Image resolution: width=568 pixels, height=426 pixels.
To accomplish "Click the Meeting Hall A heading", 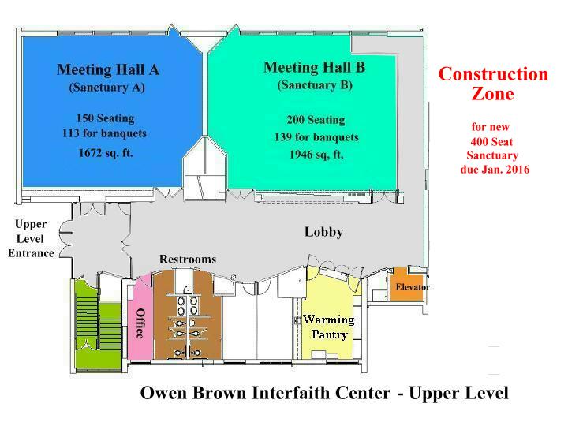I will point(107,69).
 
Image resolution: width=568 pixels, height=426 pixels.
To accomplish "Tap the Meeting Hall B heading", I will point(314,67).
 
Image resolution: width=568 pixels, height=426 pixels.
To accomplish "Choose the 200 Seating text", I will point(315,120).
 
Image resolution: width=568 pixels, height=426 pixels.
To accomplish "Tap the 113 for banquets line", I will point(106,133).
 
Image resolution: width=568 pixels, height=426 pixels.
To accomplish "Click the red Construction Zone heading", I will point(493,84).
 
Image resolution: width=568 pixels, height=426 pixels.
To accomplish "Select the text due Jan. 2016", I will point(495,170).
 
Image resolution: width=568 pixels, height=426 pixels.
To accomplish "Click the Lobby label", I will point(323,233).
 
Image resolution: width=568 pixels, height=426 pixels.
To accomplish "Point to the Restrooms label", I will point(188,259).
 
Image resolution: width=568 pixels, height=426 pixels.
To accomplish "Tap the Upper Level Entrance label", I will point(32,239).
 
